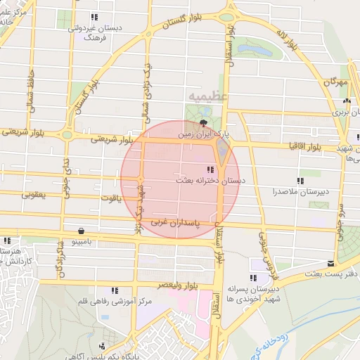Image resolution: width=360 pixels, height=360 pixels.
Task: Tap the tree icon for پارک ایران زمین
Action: (204, 122)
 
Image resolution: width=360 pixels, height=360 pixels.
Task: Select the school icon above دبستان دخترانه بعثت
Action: (210, 169)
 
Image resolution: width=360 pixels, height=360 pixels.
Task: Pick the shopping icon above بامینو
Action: (82, 231)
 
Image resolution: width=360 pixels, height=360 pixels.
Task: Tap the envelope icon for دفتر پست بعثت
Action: (331, 264)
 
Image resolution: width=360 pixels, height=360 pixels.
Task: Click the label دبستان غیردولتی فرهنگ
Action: (94, 32)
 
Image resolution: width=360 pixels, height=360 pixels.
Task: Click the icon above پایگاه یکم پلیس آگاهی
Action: (103, 345)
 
